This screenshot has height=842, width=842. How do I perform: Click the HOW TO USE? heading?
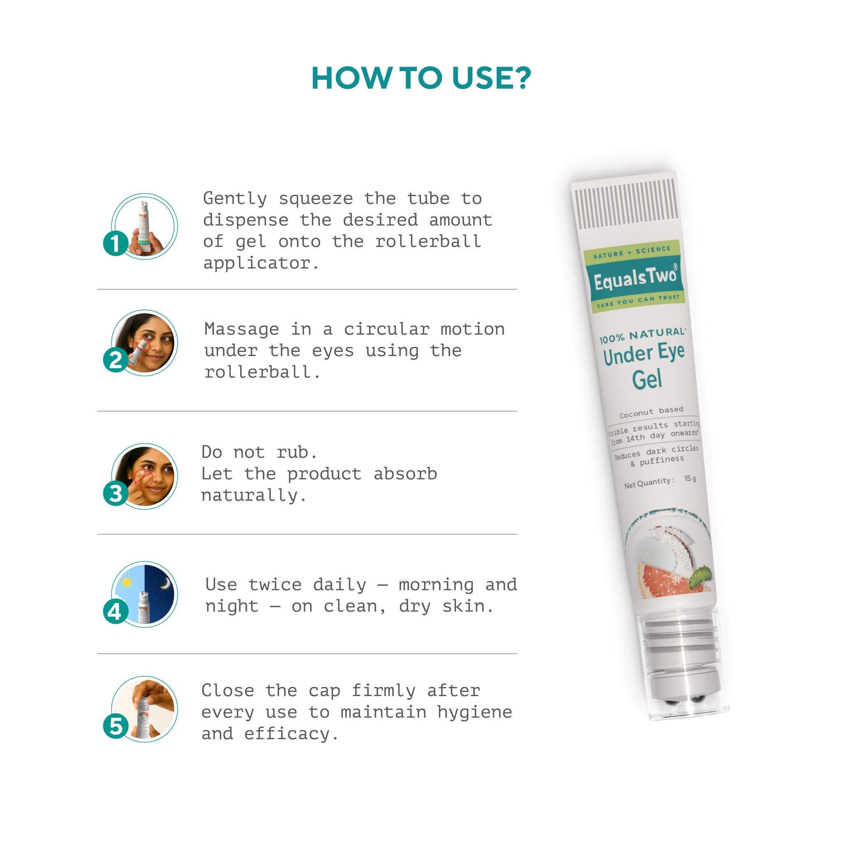421,79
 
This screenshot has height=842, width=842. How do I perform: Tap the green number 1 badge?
116,243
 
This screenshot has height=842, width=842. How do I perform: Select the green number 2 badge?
116,360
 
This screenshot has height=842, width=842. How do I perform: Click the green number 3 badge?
116,493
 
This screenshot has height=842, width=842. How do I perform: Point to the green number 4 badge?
116,611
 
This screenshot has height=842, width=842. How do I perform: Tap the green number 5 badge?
116,726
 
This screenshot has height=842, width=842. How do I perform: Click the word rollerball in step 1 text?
428,241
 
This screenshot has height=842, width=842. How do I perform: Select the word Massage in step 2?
241,329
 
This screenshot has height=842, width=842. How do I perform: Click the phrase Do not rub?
259,452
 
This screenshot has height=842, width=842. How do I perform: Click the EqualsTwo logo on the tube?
634,278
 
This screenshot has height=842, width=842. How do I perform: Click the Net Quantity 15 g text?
660,481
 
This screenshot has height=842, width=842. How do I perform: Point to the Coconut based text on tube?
651,412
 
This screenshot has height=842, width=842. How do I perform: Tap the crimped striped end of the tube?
626,205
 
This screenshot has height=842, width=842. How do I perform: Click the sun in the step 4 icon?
127,582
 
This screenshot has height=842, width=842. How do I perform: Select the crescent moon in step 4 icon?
165,583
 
